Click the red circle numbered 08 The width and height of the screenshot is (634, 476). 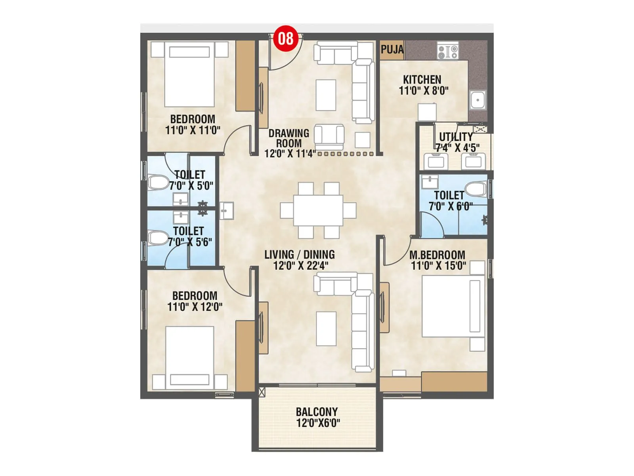coord(286,38)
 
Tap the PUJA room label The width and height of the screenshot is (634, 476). coord(392,50)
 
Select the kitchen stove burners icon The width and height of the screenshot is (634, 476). coord(448,51)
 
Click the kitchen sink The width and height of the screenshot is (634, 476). coord(478,100)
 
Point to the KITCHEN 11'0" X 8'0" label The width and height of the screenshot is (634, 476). coord(423,85)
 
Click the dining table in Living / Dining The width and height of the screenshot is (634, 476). coord(318,210)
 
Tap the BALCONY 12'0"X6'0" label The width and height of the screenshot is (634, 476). coord(317,417)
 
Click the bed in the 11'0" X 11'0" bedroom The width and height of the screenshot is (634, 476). coord(189,75)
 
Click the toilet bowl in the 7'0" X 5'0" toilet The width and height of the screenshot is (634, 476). coord(158,183)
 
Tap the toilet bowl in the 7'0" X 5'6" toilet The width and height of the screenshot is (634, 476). coord(158,238)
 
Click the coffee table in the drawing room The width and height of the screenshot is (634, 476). coord(326,95)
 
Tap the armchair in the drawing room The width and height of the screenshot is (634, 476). coord(329,136)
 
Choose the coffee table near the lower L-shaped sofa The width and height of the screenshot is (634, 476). coord(326,328)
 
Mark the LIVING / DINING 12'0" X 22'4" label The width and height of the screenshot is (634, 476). coord(300,260)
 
